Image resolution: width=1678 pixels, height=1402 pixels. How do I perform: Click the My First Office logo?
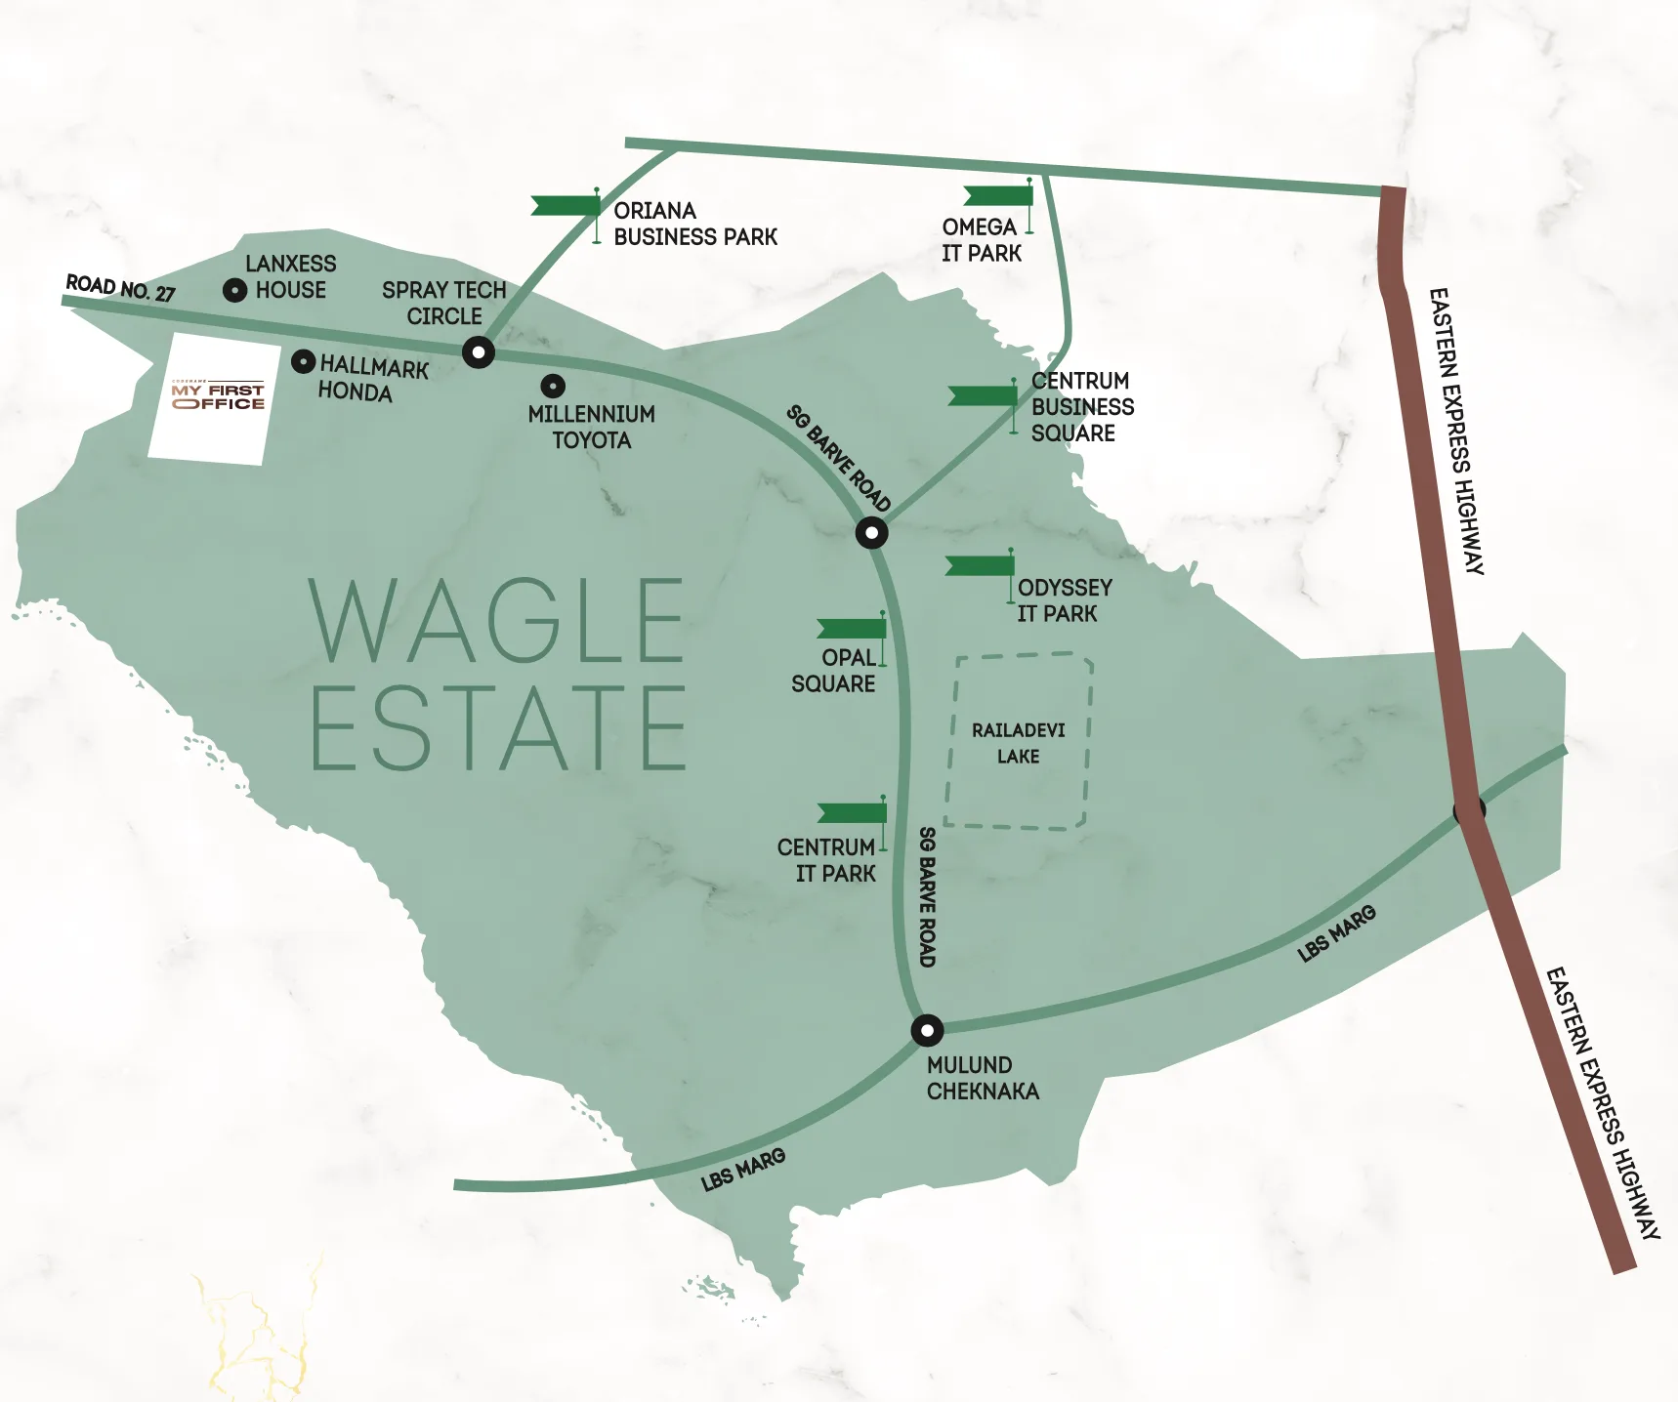(218, 396)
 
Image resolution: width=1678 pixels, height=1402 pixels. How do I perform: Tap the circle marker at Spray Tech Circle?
(478, 351)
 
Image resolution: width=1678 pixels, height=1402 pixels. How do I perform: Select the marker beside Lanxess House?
(234, 290)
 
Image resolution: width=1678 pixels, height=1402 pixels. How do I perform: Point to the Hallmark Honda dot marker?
(304, 362)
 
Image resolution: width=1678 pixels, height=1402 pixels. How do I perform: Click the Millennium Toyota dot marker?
(553, 386)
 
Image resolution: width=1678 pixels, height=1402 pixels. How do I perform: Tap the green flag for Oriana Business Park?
(566, 205)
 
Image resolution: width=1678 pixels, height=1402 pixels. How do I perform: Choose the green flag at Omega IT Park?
(998, 195)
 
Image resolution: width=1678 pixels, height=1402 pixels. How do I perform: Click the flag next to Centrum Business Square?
(983, 395)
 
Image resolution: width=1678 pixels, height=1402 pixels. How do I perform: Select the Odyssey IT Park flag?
(980, 566)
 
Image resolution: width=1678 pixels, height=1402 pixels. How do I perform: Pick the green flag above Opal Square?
(852, 628)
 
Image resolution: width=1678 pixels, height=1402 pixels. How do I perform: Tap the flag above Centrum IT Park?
(852, 812)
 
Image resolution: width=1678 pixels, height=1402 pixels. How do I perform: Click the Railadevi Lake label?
(1019, 743)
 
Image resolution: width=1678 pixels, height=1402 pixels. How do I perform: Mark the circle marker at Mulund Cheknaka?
(927, 1030)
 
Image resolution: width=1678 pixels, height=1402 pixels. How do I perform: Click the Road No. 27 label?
(120, 288)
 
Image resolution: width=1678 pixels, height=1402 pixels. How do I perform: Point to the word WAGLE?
(497, 621)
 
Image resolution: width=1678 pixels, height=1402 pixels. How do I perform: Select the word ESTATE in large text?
(499, 728)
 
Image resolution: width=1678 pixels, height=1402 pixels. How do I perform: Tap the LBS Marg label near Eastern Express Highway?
(1336, 933)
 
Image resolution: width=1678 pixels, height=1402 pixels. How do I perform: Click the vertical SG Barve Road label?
(927, 896)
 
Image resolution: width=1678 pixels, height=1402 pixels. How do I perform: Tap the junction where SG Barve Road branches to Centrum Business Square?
(871, 533)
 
